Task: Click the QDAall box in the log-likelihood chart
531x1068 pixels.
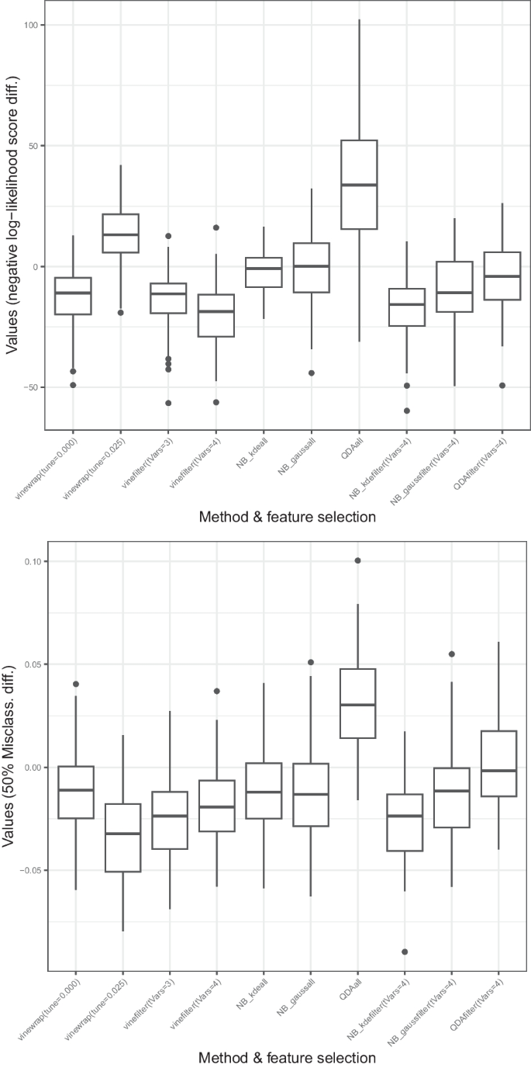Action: coord(359,185)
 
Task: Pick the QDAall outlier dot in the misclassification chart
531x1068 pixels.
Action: coord(358,560)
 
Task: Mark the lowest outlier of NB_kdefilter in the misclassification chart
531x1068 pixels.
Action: coord(405,952)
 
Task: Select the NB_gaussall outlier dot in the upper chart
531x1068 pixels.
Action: coord(312,373)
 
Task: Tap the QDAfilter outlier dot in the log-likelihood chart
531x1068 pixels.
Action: coord(502,385)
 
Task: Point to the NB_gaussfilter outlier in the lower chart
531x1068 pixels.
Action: coord(452,654)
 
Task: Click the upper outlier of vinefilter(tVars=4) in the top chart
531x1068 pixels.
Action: coord(216,227)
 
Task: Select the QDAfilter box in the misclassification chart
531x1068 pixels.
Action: coord(499,763)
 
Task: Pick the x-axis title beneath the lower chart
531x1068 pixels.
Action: coord(287,1057)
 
